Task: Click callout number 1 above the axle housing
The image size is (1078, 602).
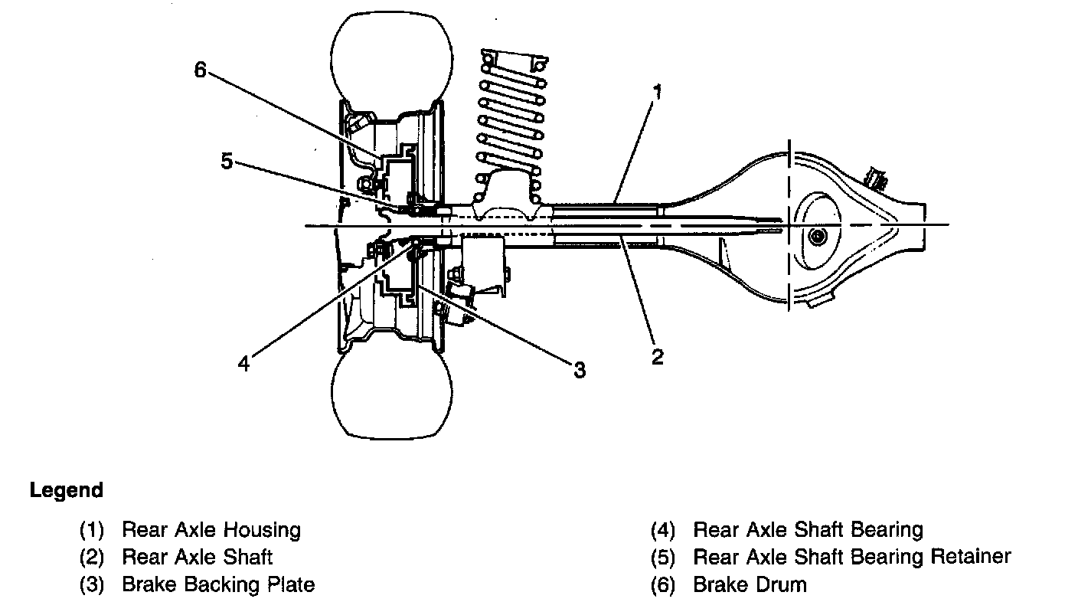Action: coord(657,93)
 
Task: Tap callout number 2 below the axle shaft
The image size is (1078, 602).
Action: coord(657,356)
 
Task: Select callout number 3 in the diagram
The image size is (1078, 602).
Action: coord(580,370)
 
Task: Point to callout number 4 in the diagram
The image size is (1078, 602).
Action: coord(243,364)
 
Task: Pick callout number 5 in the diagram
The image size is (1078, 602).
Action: coord(227,162)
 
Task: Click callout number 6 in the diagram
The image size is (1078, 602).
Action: coord(200,70)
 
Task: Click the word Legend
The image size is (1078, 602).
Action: coord(67,490)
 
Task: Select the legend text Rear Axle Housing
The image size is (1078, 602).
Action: coord(211,529)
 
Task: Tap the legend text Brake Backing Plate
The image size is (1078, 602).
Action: coord(218,585)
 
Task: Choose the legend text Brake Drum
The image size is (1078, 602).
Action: coord(750,585)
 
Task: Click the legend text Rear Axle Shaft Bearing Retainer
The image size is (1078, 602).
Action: coord(852,557)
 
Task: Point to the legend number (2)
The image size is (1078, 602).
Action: coord(91,557)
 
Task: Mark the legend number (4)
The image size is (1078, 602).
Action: coord(663,529)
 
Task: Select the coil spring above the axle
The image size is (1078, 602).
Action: coord(511,115)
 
